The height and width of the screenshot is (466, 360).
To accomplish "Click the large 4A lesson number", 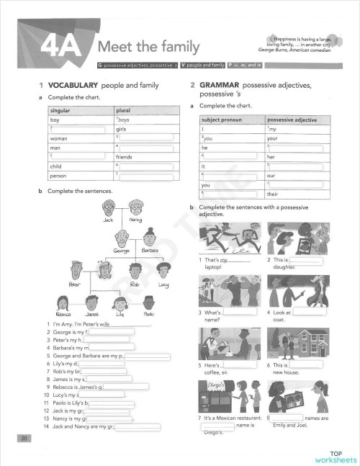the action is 62,48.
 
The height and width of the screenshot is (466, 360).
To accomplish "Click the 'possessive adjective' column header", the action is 291,119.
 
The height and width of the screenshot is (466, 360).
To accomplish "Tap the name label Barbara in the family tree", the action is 150,251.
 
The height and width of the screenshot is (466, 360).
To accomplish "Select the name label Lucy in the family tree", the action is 163,284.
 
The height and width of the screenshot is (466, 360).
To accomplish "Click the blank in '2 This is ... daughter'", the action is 305,259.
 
